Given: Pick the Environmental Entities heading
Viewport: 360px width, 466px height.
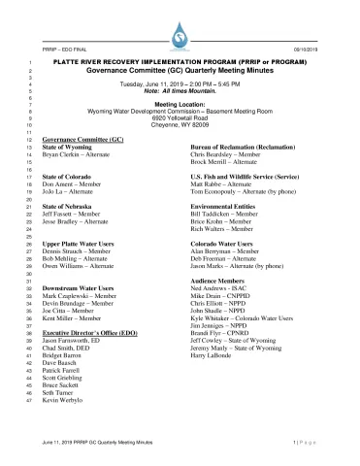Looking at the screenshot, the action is (226, 208).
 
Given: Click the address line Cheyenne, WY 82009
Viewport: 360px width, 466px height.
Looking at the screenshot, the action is (180, 125).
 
